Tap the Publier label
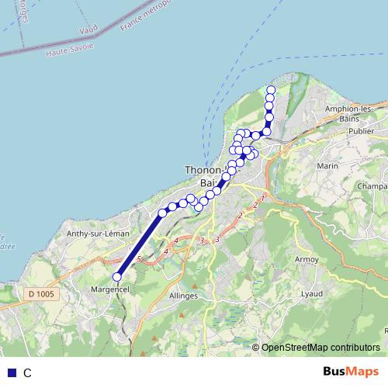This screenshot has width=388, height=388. click(361, 131)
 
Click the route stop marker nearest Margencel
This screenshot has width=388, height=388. click(118, 277)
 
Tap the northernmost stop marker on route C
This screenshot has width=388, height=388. click(271, 89)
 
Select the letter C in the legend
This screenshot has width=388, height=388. click(27, 372)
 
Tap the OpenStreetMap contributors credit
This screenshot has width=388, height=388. click(320, 347)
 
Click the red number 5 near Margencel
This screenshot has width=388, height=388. click(138, 258)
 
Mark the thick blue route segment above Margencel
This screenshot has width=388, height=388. click(140, 244)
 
